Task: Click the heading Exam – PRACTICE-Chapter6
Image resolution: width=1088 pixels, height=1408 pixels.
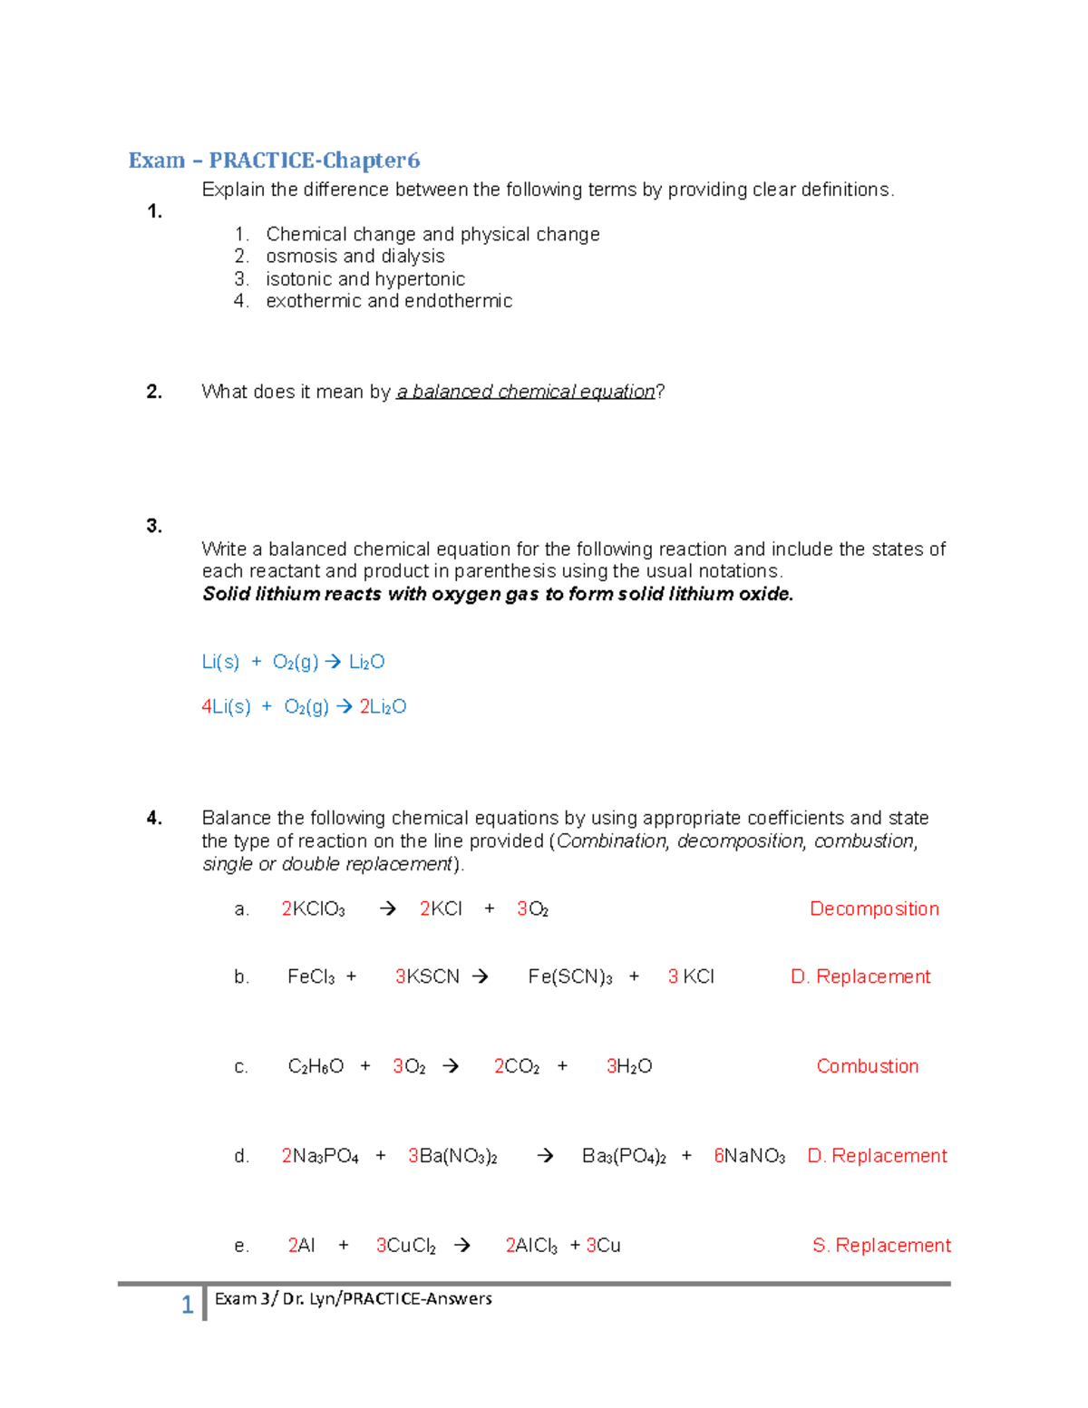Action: coord(274,160)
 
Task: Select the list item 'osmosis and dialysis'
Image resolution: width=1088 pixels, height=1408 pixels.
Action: coord(355,257)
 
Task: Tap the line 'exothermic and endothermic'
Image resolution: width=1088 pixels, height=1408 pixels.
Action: coord(389,301)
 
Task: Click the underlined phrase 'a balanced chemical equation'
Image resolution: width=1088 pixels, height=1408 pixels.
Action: coord(526,392)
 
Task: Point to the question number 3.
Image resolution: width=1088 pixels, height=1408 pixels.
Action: coord(154,526)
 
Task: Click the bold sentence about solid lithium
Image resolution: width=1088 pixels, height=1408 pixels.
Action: coord(498,594)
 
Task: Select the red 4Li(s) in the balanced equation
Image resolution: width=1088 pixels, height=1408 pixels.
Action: coord(226,706)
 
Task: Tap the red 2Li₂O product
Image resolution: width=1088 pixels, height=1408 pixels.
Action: coord(383,706)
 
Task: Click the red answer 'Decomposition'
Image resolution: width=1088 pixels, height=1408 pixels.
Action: coord(874,908)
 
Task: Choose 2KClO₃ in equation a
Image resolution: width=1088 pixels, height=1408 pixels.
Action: coord(313,908)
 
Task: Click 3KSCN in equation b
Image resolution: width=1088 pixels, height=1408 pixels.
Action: coord(427,976)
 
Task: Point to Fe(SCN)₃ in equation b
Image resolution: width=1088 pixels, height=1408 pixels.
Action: coord(570,976)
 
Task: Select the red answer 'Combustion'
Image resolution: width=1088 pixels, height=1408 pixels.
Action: coord(867,1066)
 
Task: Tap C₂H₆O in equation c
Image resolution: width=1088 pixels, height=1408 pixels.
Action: coord(316,1066)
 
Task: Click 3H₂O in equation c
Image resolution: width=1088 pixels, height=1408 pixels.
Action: coord(629,1066)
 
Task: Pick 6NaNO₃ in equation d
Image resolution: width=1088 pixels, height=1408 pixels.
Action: coord(749,1156)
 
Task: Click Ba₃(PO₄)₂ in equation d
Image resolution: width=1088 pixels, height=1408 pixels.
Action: coord(624,1156)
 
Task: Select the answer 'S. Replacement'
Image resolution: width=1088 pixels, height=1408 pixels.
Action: coord(881,1246)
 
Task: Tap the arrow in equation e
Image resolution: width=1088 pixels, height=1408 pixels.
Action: coord(462,1246)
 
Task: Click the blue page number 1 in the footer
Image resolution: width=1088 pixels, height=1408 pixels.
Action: coord(187,1305)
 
